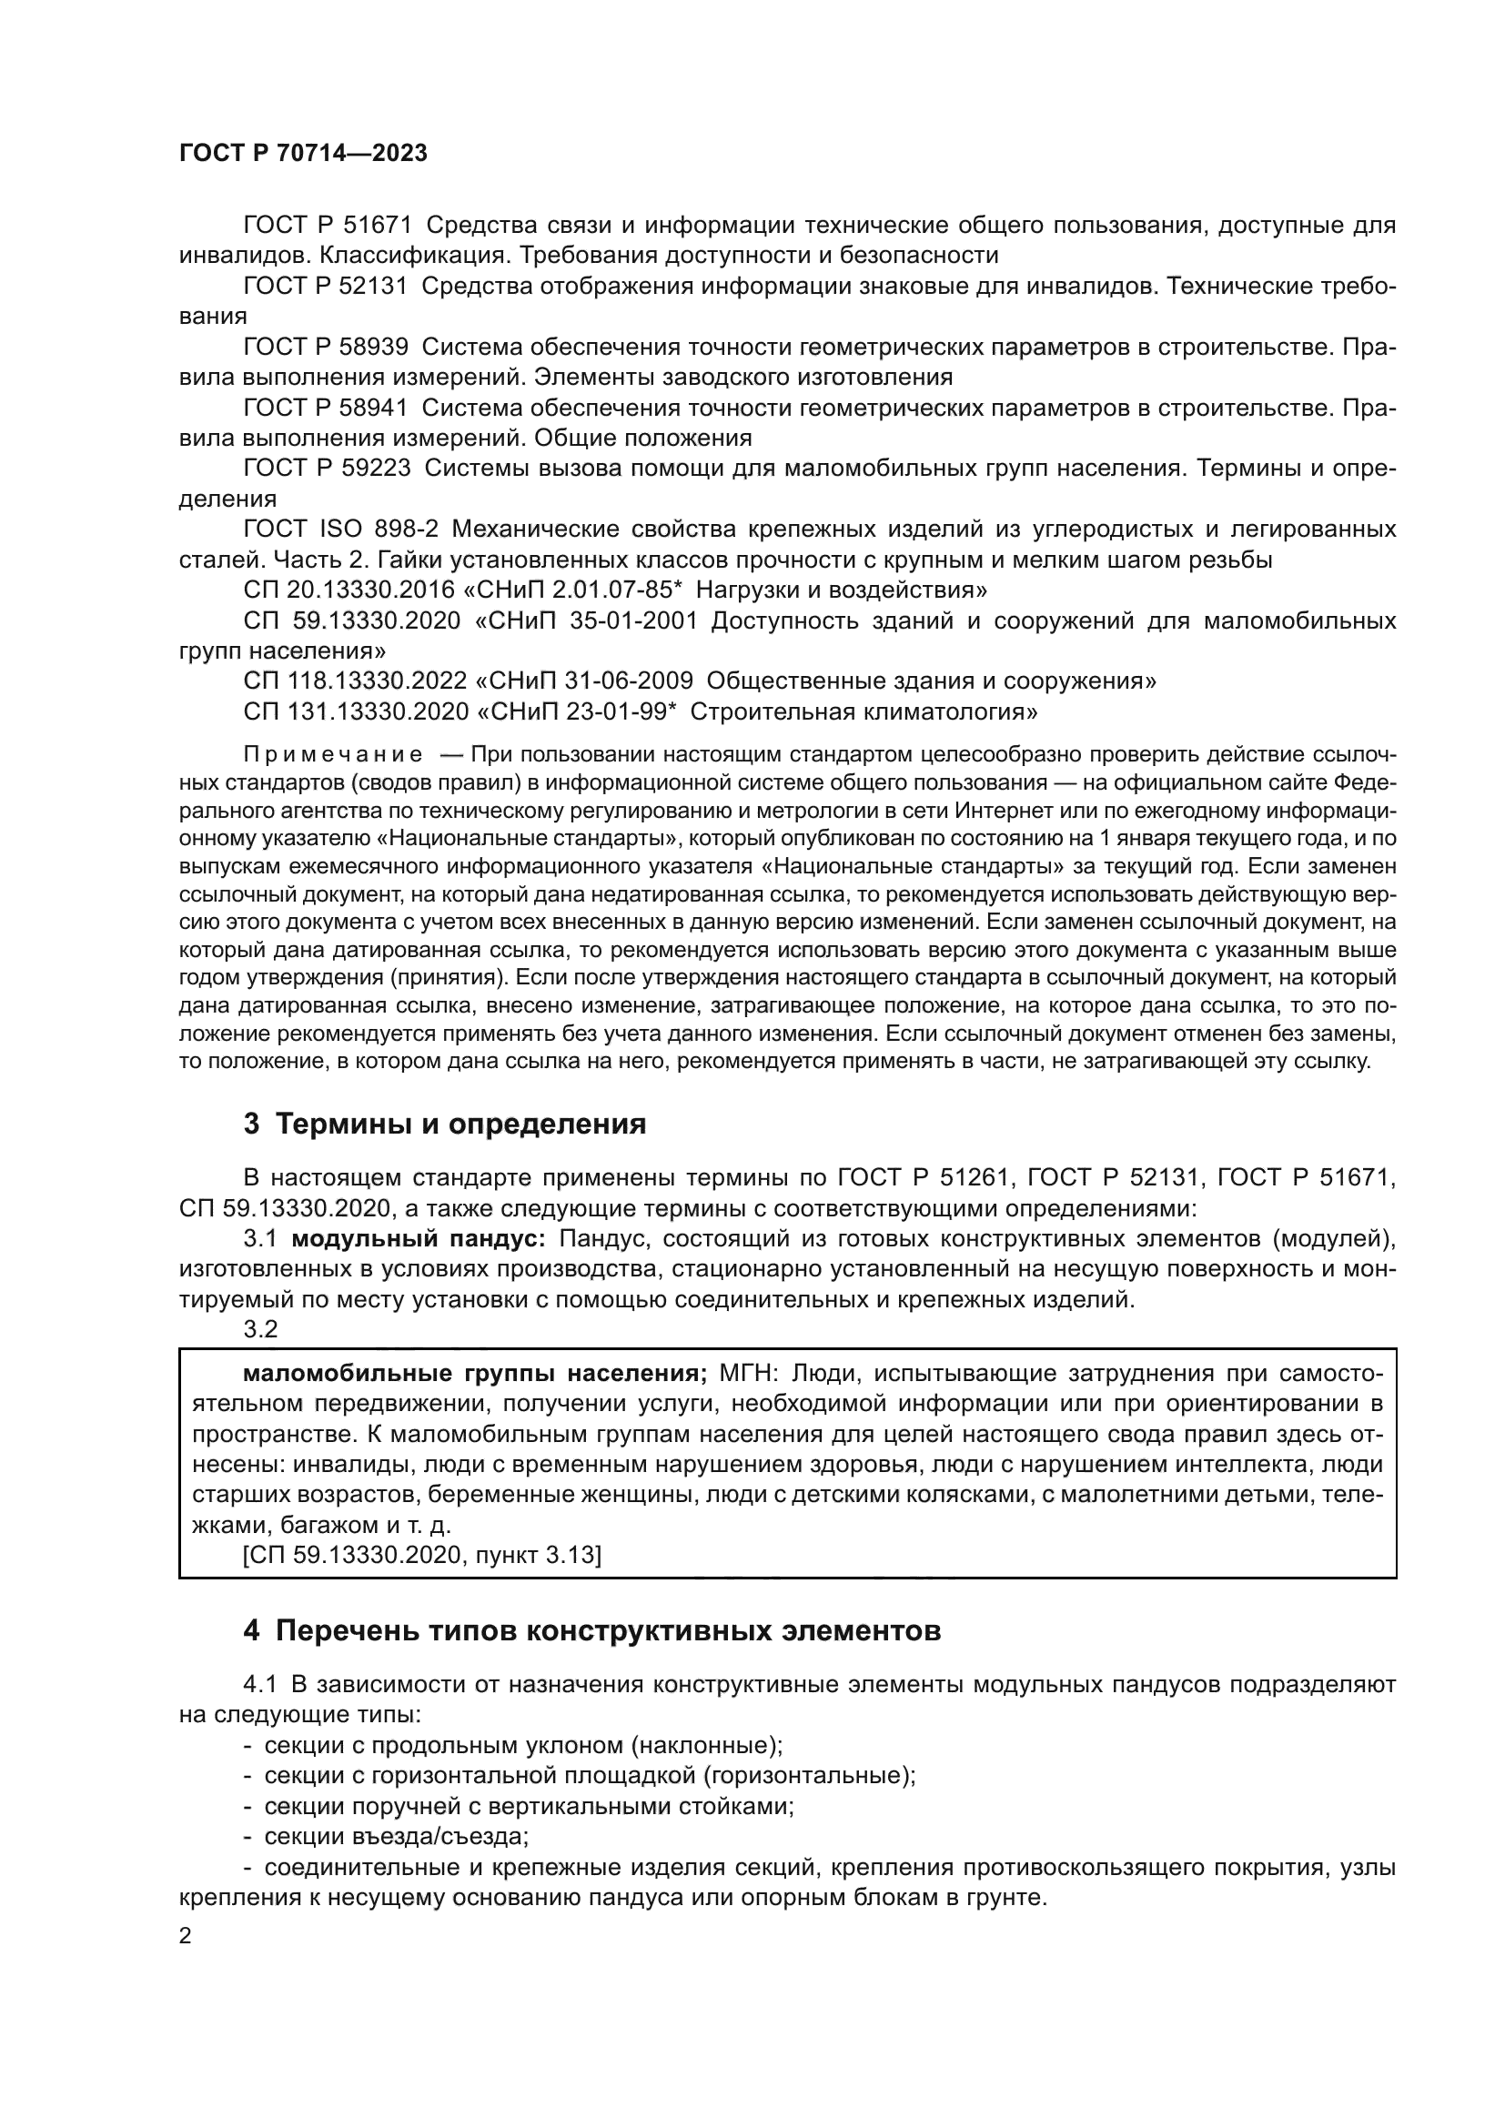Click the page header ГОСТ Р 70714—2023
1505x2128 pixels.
click(303, 154)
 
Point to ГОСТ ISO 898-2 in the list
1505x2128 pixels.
click(341, 529)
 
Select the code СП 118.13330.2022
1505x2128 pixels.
click(355, 681)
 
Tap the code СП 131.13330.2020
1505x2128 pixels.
click(355, 711)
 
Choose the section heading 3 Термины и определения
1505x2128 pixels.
click(445, 1125)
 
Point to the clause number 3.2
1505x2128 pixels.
click(260, 1329)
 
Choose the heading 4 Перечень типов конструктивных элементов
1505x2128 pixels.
click(592, 1630)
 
